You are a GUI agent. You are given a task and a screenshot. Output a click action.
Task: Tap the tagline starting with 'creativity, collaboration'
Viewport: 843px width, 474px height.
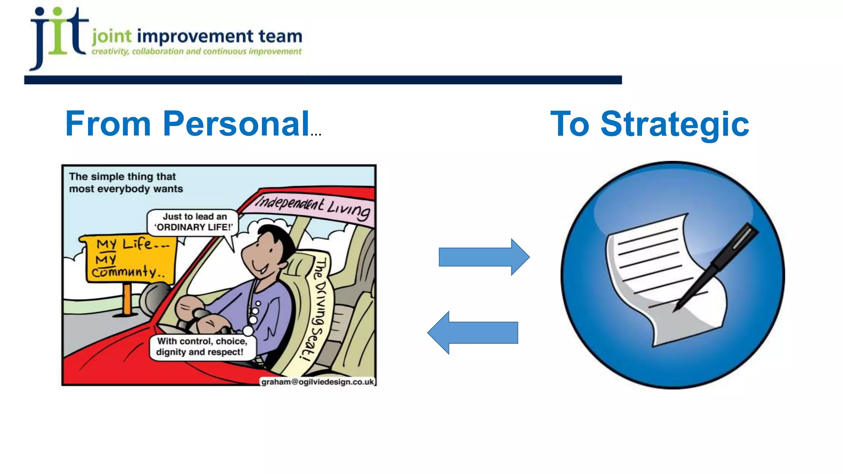tap(196, 52)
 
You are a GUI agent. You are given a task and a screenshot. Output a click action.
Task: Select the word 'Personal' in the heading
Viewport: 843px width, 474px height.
tap(236, 123)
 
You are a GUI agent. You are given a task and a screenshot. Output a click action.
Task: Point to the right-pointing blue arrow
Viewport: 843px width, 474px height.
tap(484, 257)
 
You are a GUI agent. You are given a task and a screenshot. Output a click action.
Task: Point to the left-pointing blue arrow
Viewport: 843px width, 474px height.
tap(473, 332)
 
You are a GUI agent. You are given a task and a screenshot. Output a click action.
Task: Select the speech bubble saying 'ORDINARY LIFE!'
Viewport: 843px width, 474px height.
tap(193, 222)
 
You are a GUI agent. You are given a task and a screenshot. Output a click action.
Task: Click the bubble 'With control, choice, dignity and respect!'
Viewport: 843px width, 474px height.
tap(201, 347)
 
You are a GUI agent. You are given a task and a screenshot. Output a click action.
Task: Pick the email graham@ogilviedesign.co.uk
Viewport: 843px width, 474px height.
tap(317, 382)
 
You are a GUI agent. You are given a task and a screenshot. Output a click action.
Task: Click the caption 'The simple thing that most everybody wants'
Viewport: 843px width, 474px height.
tap(126, 183)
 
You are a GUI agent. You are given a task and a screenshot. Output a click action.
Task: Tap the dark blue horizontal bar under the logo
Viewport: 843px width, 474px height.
tap(323, 80)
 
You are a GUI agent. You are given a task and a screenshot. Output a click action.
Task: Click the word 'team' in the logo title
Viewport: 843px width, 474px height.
tap(280, 36)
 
